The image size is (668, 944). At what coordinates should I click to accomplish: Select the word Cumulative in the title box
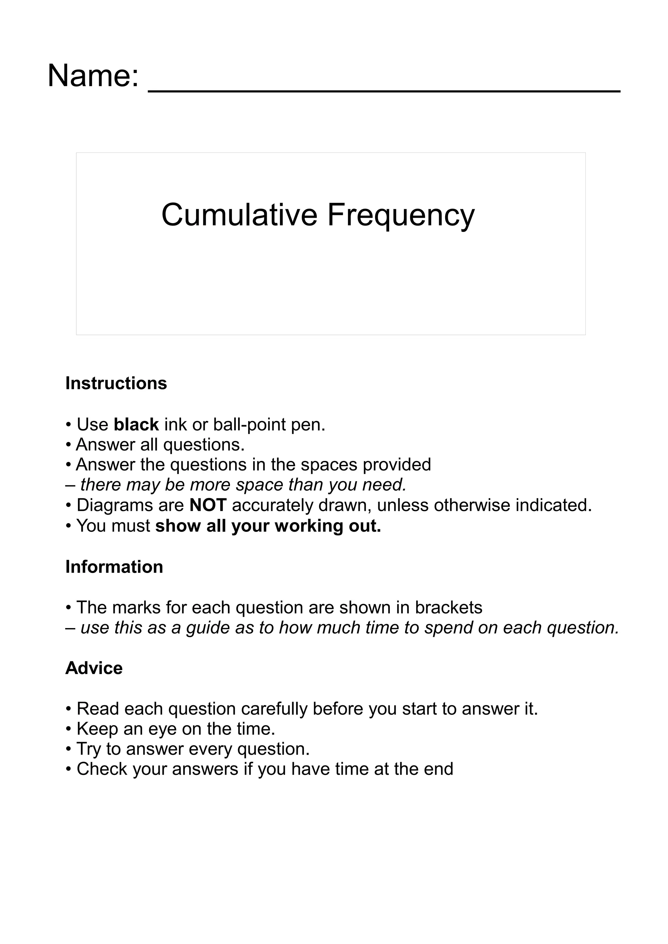[239, 215]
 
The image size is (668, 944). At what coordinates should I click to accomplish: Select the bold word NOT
[208, 505]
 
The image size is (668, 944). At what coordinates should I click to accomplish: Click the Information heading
[114, 567]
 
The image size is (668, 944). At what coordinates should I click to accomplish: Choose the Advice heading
[94, 668]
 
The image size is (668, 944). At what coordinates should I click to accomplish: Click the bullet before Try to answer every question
[68, 750]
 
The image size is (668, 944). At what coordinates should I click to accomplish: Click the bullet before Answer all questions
[68, 445]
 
